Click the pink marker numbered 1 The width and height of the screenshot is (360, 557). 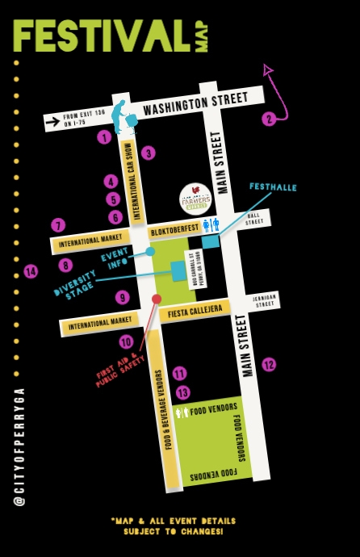coord(103,137)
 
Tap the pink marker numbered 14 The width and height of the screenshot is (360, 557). coord(31,271)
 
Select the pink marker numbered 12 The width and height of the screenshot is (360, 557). coord(269,364)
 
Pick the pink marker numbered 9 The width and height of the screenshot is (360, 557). coord(123,297)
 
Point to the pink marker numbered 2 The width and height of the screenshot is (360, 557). coord(269,119)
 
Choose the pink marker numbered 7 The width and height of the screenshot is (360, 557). coord(57,225)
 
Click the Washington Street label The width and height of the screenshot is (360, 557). coord(194,104)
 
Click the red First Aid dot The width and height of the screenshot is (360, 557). coord(157,299)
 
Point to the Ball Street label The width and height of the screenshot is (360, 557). coord(255,218)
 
